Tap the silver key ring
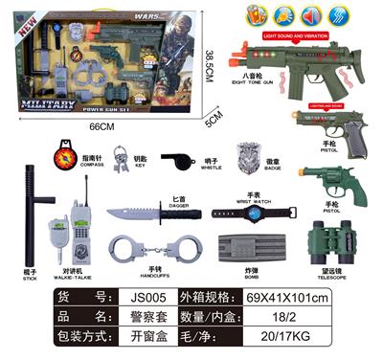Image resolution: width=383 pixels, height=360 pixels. [122, 158]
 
